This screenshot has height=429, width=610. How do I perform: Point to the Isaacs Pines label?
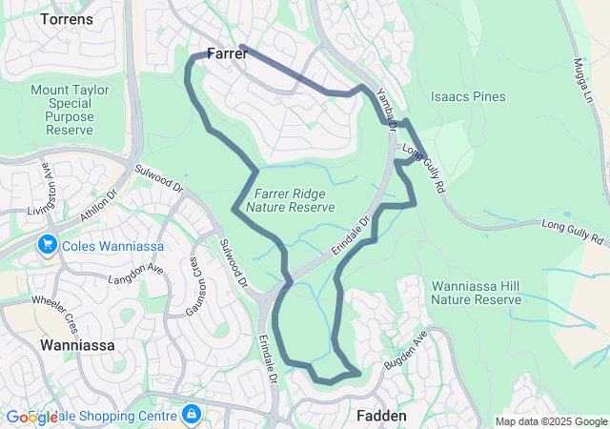467,96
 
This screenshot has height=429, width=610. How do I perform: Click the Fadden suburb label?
381,416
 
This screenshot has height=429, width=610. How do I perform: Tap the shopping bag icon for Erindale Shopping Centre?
192,414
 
